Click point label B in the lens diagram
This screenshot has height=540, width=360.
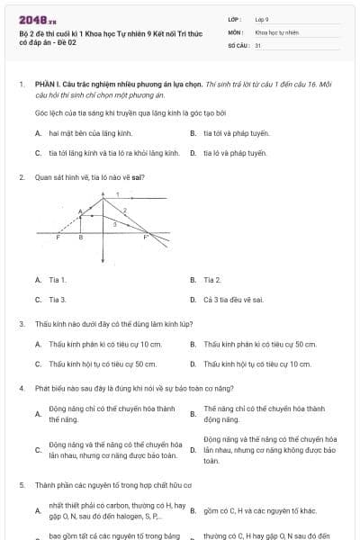pyautogui.click(x=81, y=238)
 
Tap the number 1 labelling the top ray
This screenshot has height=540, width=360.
pyautogui.click(x=117, y=194)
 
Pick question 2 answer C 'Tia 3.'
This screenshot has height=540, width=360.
pyautogui.click(x=58, y=299)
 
